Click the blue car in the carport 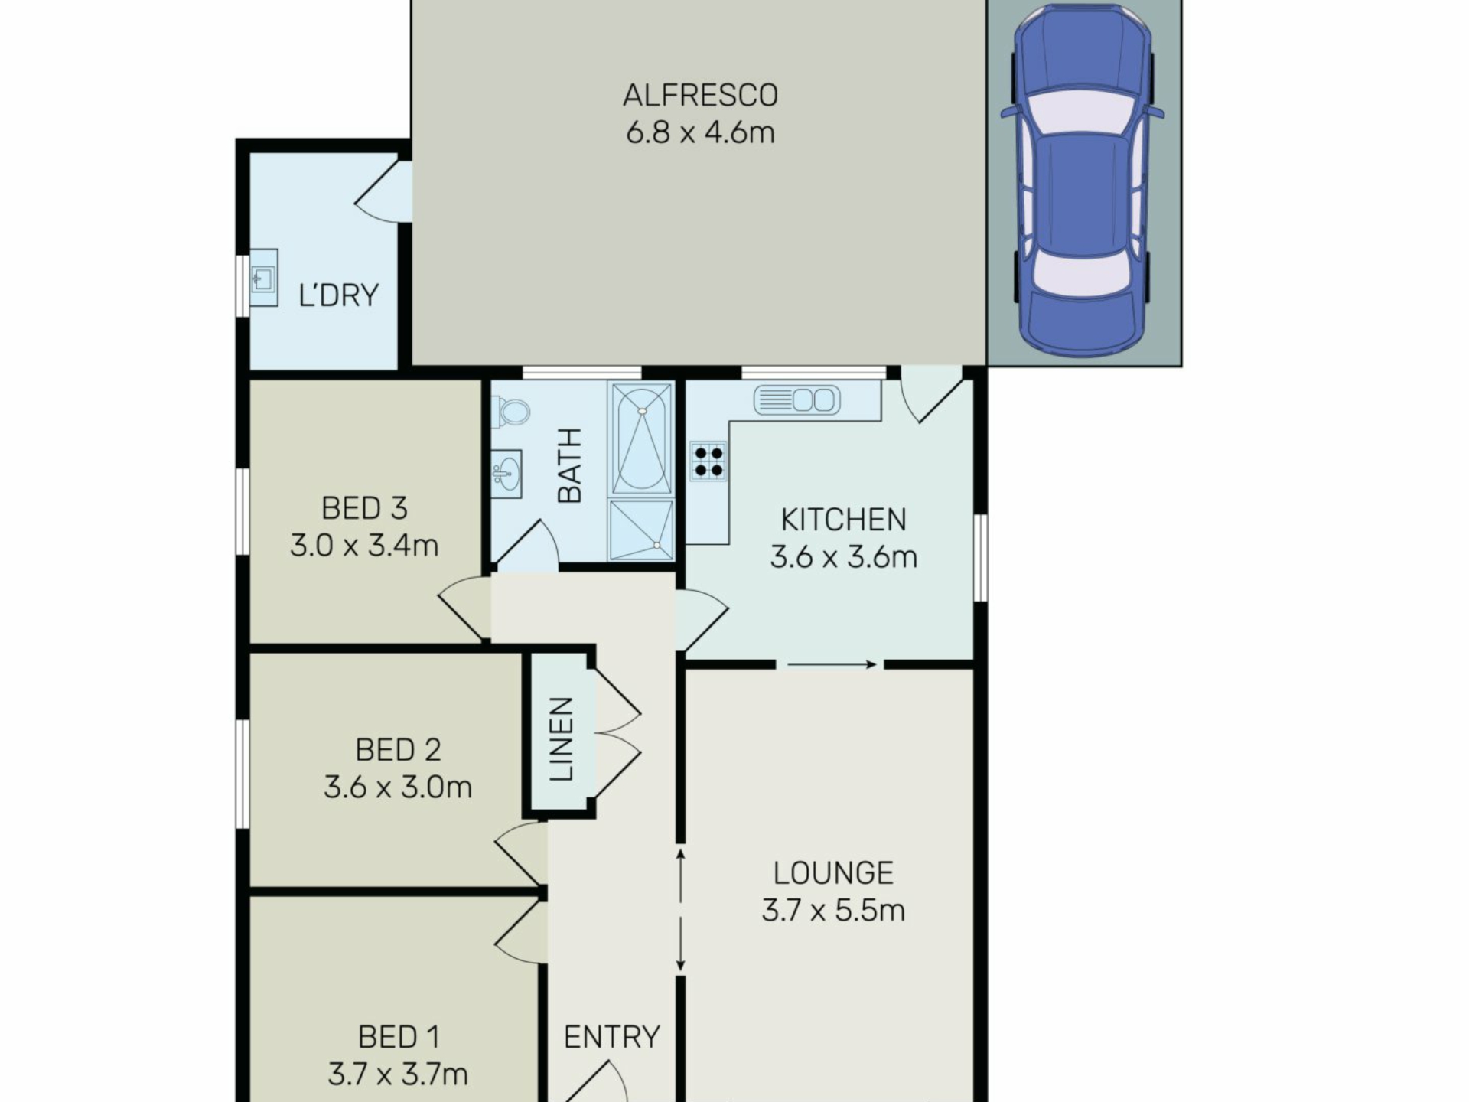[1082, 181]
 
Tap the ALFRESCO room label [700, 96]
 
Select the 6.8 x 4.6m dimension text [700, 132]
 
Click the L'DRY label [338, 295]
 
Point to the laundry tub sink [264, 278]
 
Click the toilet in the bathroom [510, 412]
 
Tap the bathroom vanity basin [506, 474]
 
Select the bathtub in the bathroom [640, 439]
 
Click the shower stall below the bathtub [641, 529]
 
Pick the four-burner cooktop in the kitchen [708, 461]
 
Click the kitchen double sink [796, 400]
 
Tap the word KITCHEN [843, 520]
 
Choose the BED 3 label [364, 508]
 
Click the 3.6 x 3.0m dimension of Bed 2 [398, 787]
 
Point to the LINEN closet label [561, 738]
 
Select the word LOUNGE [833, 873]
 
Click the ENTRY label [611, 1037]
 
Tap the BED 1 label [399, 1037]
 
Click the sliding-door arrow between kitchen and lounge [832, 665]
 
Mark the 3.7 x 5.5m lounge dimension [833, 911]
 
